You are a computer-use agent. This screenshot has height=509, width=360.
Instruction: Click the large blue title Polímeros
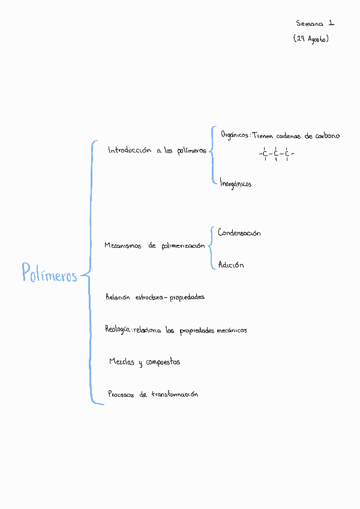[50, 274]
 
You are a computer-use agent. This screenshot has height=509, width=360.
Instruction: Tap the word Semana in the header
[309, 24]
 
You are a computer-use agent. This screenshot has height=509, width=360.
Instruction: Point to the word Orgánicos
[235, 136]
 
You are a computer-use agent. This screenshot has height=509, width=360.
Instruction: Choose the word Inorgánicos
[235, 183]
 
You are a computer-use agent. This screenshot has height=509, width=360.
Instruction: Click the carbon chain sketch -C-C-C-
[276, 155]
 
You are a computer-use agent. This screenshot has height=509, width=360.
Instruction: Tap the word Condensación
[239, 233]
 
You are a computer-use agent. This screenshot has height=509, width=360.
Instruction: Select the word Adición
[231, 265]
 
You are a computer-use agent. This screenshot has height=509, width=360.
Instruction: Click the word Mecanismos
[122, 245]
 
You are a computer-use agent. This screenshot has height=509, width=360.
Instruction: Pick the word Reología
[118, 330]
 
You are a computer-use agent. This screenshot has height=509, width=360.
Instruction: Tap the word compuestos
[163, 363]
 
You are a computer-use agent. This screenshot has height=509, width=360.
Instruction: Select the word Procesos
[121, 394]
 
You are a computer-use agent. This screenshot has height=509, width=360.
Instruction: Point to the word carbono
[327, 136]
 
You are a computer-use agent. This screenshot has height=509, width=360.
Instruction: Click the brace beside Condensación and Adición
[211, 247]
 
